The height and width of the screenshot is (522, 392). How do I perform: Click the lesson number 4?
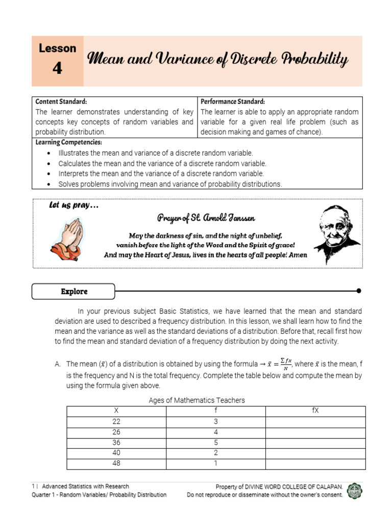(x=57, y=68)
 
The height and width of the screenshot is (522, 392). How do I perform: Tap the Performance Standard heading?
(x=232, y=101)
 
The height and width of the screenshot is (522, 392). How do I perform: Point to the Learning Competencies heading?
(x=68, y=142)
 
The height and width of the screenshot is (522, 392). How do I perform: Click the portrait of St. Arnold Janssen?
(x=336, y=234)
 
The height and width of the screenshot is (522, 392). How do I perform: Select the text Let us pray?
(x=73, y=205)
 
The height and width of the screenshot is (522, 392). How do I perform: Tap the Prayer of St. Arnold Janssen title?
(x=206, y=218)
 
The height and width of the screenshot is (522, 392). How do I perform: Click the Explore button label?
(x=74, y=292)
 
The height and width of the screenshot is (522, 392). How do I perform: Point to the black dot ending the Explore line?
(x=359, y=291)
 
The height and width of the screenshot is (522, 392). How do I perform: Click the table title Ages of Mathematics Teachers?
(x=197, y=400)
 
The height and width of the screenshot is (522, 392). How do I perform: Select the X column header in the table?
(x=116, y=411)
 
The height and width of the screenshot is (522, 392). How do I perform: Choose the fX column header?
(x=315, y=411)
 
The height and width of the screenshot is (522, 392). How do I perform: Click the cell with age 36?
(x=116, y=442)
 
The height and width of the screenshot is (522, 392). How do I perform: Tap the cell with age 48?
(x=116, y=464)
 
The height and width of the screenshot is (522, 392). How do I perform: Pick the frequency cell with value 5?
(x=215, y=442)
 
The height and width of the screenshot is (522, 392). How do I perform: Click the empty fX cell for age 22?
(x=315, y=422)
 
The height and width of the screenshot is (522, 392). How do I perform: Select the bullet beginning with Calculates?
(x=162, y=164)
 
